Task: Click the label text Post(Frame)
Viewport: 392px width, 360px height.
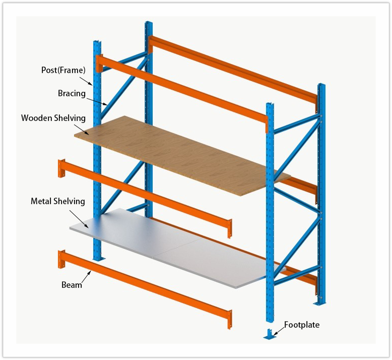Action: click(x=63, y=70)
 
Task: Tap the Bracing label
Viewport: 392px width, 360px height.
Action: click(x=72, y=94)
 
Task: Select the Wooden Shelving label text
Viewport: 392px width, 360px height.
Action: click(x=53, y=118)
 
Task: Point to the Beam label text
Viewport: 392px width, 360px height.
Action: click(x=72, y=285)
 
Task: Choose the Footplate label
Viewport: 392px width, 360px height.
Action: click(x=301, y=325)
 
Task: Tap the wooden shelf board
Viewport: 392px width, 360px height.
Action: click(x=181, y=151)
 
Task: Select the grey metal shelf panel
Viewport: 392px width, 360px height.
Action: click(x=171, y=247)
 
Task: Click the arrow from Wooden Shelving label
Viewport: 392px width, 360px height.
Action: click(x=82, y=129)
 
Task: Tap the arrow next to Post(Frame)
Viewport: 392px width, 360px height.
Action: click(x=86, y=80)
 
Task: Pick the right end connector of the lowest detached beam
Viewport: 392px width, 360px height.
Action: click(x=230, y=318)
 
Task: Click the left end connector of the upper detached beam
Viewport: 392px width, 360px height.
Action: click(x=62, y=168)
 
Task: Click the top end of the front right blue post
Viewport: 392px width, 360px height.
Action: click(x=270, y=106)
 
